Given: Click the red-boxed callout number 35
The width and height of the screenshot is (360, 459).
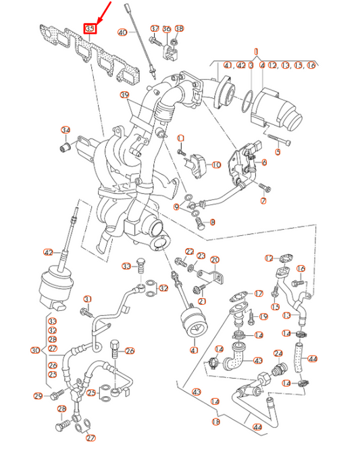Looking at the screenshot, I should [90, 29].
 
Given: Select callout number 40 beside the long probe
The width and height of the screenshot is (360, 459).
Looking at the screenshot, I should [122, 32].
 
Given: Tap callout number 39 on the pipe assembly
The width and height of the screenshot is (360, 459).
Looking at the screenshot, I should [124, 95].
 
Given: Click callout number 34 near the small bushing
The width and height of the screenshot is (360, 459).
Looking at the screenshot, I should [66, 130].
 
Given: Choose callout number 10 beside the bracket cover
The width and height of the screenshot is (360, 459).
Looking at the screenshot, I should [263, 162].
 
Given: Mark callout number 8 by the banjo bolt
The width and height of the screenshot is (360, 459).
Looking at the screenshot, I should [211, 222].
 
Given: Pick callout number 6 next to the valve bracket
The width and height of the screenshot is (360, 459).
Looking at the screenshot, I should [263, 162].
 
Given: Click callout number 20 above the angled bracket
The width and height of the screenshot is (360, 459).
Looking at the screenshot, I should [215, 260].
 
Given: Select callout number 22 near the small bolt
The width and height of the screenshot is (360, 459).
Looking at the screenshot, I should [190, 251].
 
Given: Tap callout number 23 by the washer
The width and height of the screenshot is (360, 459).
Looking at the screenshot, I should [201, 255].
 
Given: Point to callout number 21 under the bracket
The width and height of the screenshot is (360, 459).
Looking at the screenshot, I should [202, 300].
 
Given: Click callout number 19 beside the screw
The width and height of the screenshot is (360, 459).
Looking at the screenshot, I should [264, 316].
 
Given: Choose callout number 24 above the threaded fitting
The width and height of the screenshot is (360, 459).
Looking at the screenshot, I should [278, 353].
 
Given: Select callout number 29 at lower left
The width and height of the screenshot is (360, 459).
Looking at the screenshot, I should [38, 395].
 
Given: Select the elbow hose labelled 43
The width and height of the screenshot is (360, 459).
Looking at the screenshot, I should [234, 356].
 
